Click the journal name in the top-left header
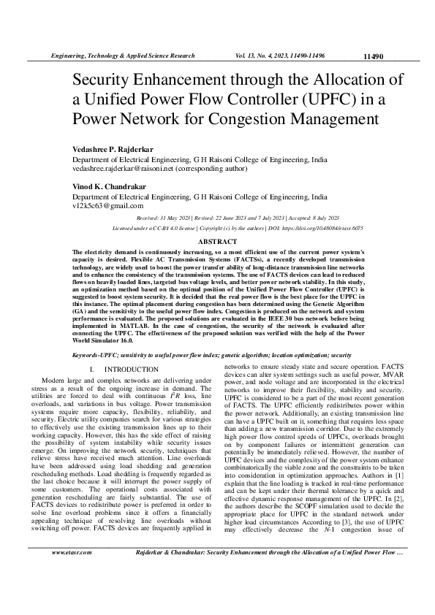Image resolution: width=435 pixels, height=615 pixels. (121, 56)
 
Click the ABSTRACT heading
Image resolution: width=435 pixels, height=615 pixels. (217, 241)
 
